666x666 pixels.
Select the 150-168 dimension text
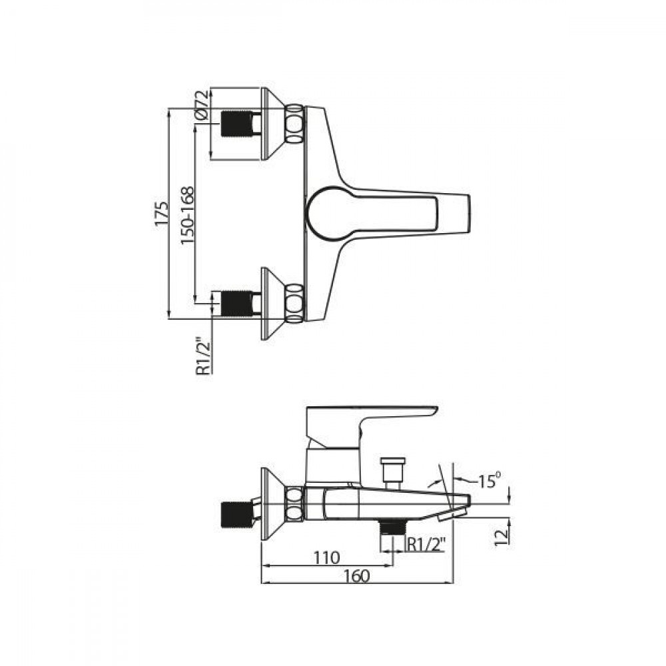(x=187, y=215)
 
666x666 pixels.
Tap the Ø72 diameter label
(x=202, y=105)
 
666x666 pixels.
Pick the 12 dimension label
(x=501, y=537)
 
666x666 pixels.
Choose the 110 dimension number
(x=326, y=557)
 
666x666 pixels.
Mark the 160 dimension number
(x=357, y=575)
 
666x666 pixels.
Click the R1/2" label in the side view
(x=426, y=543)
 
